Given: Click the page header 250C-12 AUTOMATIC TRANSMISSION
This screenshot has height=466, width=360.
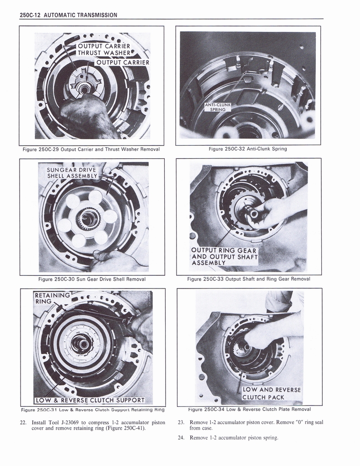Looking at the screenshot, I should [x=69, y=15].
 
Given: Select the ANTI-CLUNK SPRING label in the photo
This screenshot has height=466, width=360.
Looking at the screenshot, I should [x=218, y=107].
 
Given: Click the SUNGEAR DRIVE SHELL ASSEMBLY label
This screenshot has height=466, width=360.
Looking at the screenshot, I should [x=72, y=173].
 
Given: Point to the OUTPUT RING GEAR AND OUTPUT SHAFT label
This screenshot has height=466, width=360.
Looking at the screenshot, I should [x=224, y=257].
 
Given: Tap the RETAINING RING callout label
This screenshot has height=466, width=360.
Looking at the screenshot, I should [x=52, y=298].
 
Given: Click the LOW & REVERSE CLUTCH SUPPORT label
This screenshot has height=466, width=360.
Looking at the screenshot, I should [x=90, y=400].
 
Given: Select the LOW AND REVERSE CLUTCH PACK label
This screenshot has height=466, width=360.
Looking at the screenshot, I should [x=270, y=393].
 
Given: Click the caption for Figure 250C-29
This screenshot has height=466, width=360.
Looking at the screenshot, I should [x=91, y=149].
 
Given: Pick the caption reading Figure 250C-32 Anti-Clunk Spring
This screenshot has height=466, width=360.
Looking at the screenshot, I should [x=248, y=149].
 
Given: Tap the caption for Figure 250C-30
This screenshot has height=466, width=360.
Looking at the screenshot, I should [x=92, y=279].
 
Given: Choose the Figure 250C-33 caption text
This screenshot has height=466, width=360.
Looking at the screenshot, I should [x=248, y=279].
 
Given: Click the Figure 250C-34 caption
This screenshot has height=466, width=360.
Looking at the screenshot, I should [x=249, y=409].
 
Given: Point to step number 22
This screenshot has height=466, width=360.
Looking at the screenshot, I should [x=23, y=422].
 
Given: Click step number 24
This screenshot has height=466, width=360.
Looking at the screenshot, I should [x=181, y=438].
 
